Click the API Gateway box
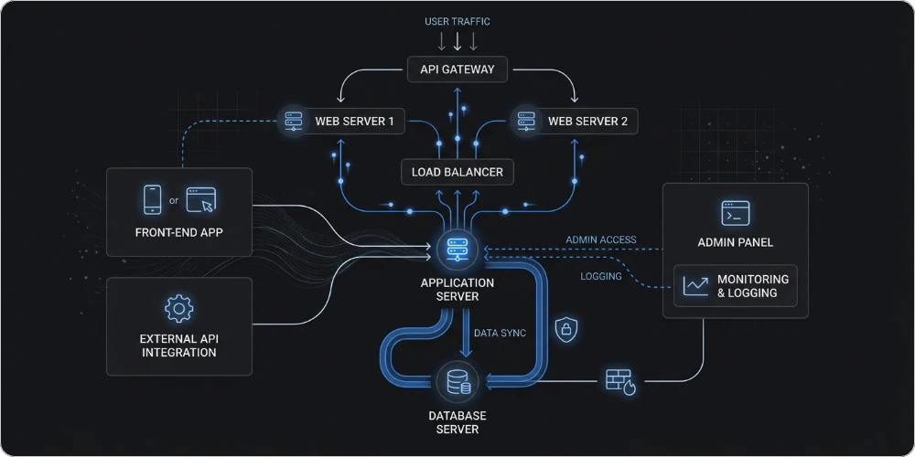457,69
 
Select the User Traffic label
457,20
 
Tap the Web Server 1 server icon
294,121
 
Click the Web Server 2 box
574,121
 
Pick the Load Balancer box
457,171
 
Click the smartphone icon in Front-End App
153,198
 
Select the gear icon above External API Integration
178,308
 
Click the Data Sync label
500,333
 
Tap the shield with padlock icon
565,327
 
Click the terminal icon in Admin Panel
735,214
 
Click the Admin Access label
600,240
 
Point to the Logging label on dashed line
600,276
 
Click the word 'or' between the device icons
174,200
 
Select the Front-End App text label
178,232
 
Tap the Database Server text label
457,422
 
